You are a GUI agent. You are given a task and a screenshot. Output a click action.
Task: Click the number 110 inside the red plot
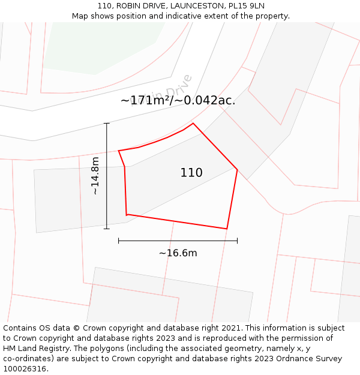[x=191, y=173]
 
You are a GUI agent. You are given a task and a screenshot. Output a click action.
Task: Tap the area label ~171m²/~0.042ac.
[x=178, y=101]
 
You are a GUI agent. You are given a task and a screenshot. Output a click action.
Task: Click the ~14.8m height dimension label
[x=95, y=176]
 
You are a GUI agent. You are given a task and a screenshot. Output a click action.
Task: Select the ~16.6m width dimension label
[x=178, y=253]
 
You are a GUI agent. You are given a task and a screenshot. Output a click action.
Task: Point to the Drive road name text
[x=180, y=87]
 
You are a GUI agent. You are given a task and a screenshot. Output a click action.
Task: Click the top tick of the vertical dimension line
[x=107, y=124]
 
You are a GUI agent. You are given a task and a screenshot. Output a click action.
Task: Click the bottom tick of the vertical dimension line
[x=107, y=229]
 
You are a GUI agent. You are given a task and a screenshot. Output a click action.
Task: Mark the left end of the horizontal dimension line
[x=119, y=241]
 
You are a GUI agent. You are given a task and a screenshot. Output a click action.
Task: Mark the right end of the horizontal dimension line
[x=237, y=241]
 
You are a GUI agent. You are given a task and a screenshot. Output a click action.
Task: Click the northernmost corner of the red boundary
[x=193, y=124]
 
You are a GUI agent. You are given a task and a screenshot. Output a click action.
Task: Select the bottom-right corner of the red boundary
[x=226, y=229]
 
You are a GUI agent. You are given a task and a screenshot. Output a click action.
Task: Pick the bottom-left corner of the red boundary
[x=127, y=214]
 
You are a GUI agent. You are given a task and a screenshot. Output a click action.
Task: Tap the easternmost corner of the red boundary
[x=237, y=170]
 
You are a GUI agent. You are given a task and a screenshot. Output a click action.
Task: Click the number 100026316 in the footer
[x=24, y=368]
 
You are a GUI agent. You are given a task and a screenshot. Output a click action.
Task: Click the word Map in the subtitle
[x=82, y=16]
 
